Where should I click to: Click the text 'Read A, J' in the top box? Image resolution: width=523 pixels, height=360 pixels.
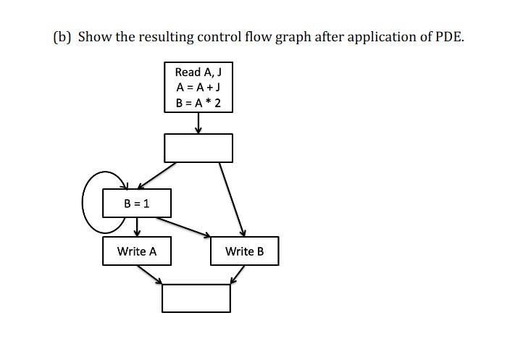[198, 72]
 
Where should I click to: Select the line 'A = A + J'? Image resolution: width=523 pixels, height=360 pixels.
[198, 87]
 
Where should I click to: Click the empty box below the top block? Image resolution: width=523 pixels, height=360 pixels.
[198, 148]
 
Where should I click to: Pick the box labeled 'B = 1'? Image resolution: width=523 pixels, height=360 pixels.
[137, 204]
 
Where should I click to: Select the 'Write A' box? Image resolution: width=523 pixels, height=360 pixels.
[137, 251]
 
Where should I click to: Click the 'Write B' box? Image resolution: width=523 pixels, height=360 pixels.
[244, 251]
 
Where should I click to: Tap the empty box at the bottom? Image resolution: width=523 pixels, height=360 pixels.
[196, 298]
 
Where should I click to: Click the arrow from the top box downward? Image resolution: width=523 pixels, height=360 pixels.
[198, 124]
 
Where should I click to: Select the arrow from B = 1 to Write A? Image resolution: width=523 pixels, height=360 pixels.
[137, 227]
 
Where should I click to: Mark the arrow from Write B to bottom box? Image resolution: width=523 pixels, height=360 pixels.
[238, 275]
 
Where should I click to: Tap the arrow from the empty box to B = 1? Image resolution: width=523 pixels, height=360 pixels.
[158, 175]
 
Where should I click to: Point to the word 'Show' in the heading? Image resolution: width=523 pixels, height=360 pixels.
[93, 37]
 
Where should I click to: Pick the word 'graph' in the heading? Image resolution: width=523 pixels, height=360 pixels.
[290, 37]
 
